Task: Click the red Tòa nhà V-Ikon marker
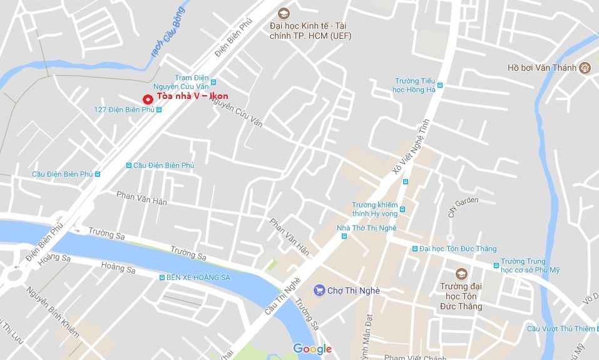coord(147,99)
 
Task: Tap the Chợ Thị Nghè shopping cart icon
coord(319,290)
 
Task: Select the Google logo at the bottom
coord(312,349)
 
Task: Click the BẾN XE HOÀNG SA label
coord(198,277)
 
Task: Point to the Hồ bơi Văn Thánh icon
coord(585,68)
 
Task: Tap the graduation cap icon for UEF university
coord(283,13)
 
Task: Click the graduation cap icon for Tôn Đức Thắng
coord(461,274)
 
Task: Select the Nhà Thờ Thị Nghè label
coord(366,228)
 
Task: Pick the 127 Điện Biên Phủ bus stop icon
coord(159,110)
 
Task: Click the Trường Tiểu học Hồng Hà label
coord(415,85)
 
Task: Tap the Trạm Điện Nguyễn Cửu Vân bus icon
coord(213,82)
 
